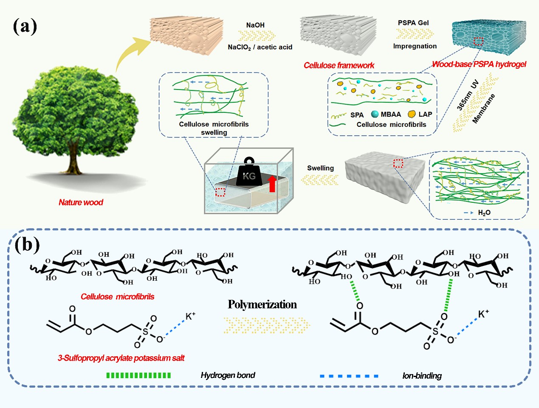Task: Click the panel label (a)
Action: point(25,26)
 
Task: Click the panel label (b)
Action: point(27,245)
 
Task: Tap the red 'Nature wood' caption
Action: point(81,202)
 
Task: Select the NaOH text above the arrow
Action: point(255,25)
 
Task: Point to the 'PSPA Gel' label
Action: point(413,22)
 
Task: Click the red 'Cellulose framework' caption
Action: point(339,65)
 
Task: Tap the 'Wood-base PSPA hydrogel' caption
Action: point(479,64)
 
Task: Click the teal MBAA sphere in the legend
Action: point(375,114)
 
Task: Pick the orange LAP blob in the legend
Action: point(412,114)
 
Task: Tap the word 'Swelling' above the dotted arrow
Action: point(320,168)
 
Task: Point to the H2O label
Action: point(484,212)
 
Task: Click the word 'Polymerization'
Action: point(262,305)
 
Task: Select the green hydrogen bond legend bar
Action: point(138,375)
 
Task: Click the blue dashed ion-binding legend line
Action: point(349,376)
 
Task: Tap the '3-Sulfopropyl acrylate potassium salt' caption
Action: point(121,358)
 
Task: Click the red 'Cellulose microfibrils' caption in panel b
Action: point(117,296)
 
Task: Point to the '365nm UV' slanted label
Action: point(468,95)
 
